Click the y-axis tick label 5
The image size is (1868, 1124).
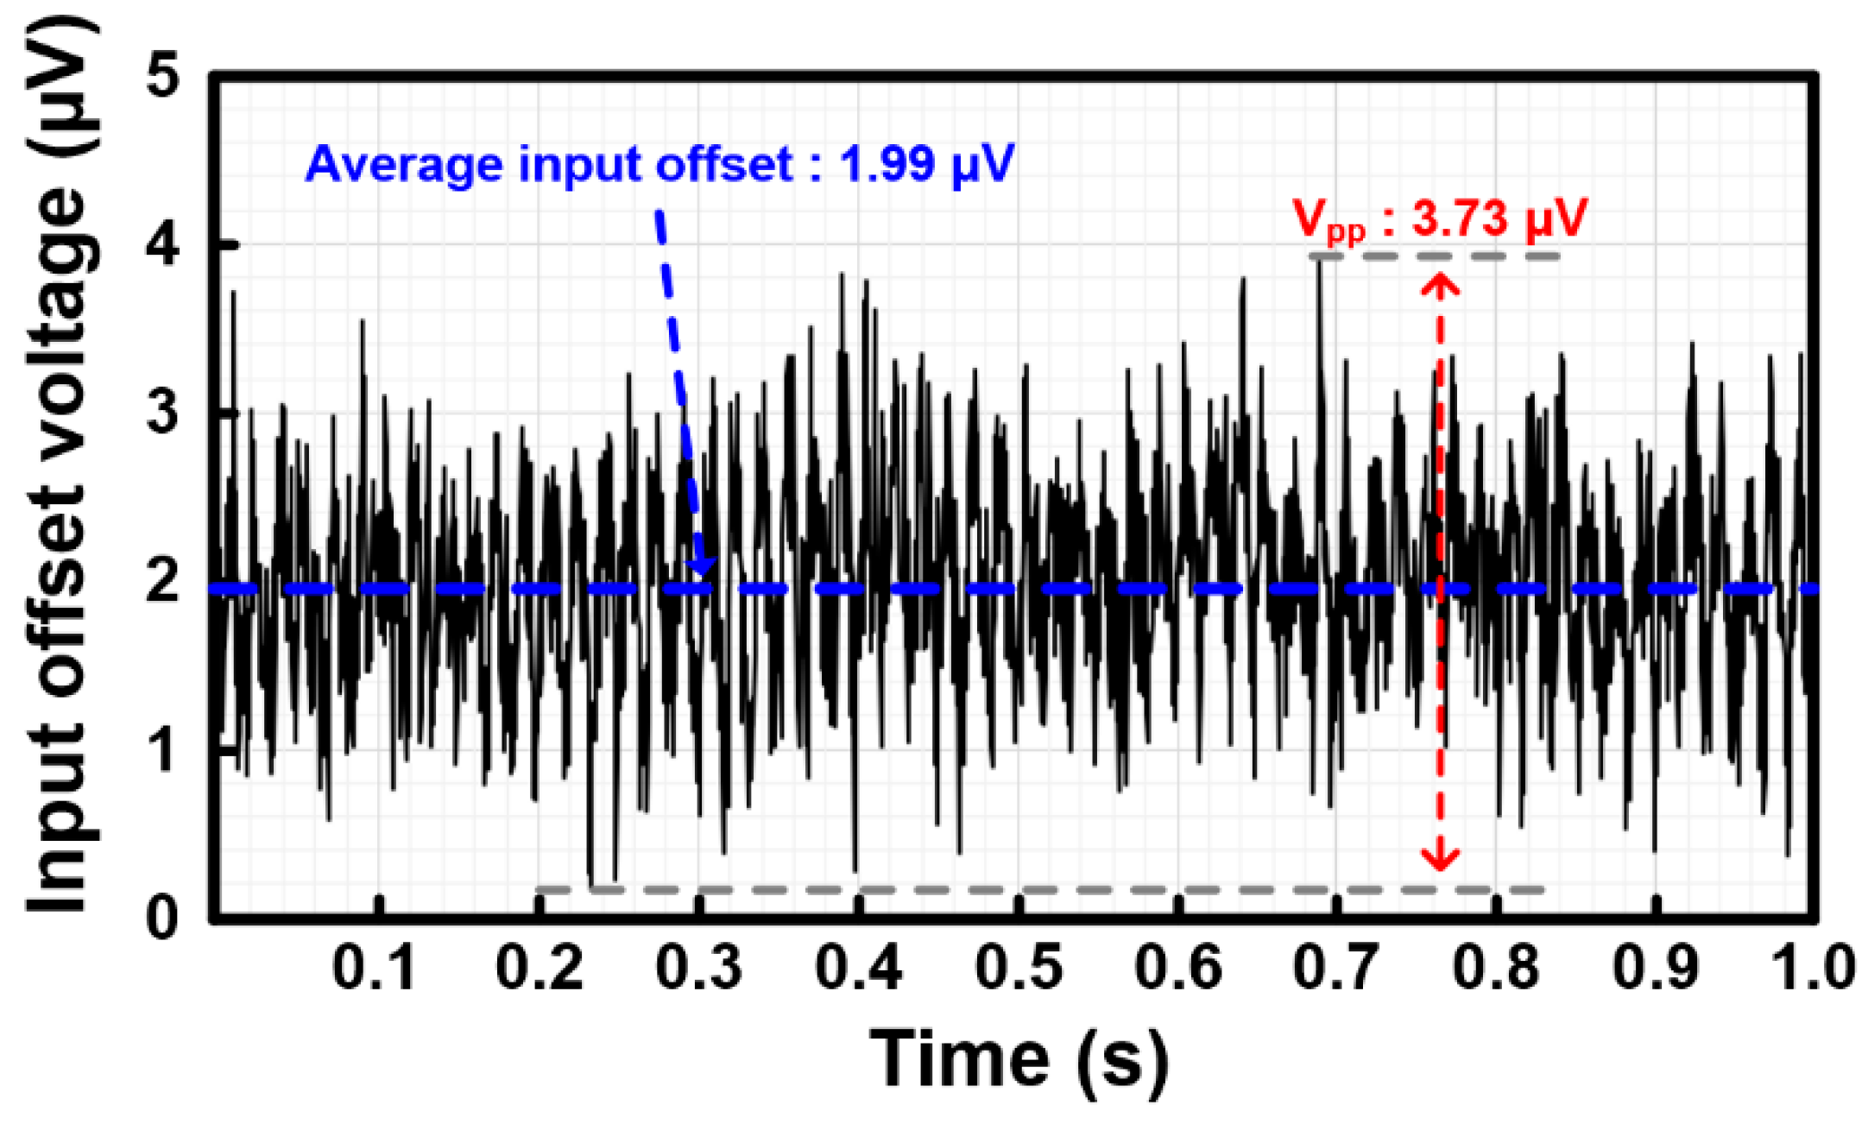(163, 76)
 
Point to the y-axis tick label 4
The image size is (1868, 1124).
(163, 244)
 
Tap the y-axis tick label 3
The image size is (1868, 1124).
(163, 412)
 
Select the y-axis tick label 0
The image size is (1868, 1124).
(163, 917)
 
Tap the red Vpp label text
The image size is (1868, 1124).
(1329, 220)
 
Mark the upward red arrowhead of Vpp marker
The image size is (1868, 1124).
(1440, 285)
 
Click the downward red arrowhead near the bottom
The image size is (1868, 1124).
(1440, 859)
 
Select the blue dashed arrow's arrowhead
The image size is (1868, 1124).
(703, 565)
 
